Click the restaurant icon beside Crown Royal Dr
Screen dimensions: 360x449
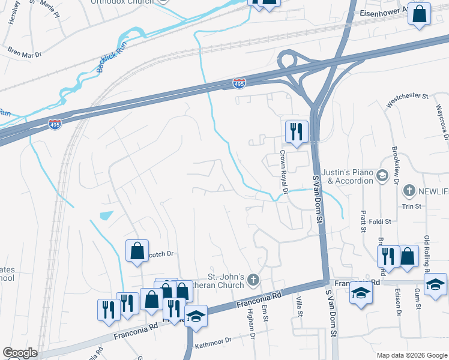(296, 132)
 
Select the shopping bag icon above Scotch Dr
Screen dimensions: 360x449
(137, 250)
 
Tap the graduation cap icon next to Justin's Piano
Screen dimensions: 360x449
(382, 176)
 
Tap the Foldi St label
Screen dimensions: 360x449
(379, 221)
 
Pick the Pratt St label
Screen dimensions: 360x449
(363, 220)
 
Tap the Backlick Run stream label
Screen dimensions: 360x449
(110, 57)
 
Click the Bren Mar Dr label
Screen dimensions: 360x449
(24, 53)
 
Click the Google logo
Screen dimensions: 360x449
(20, 353)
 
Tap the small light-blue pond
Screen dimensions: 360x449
(106, 215)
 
